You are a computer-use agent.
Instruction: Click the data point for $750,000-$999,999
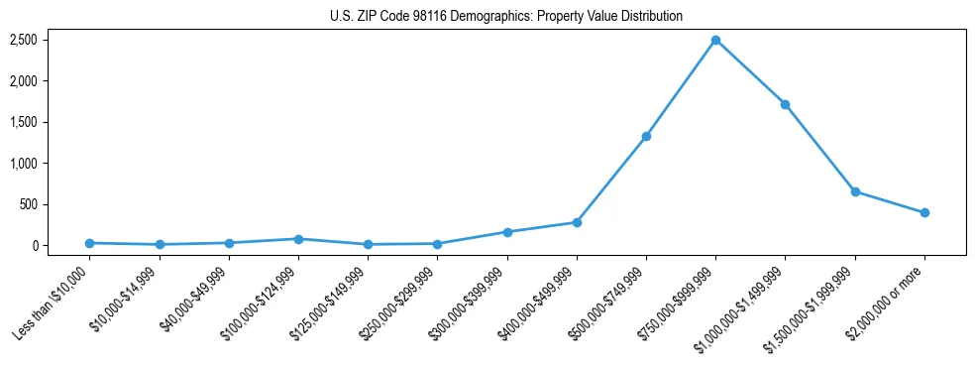click(715, 40)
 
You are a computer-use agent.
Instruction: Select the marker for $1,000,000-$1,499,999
click(785, 104)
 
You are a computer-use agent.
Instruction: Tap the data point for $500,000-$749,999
click(646, 136)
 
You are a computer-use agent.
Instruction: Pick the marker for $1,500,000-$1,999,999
click(855, 191)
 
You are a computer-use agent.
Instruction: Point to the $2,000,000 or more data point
click(924, 212)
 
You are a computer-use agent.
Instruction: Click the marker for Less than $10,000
click(90, 243)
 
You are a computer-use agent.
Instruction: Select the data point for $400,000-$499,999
click(577, 222)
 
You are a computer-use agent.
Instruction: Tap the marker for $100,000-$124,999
click(298, 239)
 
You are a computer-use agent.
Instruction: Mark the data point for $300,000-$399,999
click(507, 232)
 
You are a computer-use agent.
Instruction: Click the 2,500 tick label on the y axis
click(52, 40)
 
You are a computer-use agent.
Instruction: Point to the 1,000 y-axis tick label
click(52, 164)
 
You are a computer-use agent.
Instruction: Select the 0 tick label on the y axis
click(61, 246)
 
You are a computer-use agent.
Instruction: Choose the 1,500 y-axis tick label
click(52, 122)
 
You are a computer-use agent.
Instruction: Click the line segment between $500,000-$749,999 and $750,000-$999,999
click(681, 88)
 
